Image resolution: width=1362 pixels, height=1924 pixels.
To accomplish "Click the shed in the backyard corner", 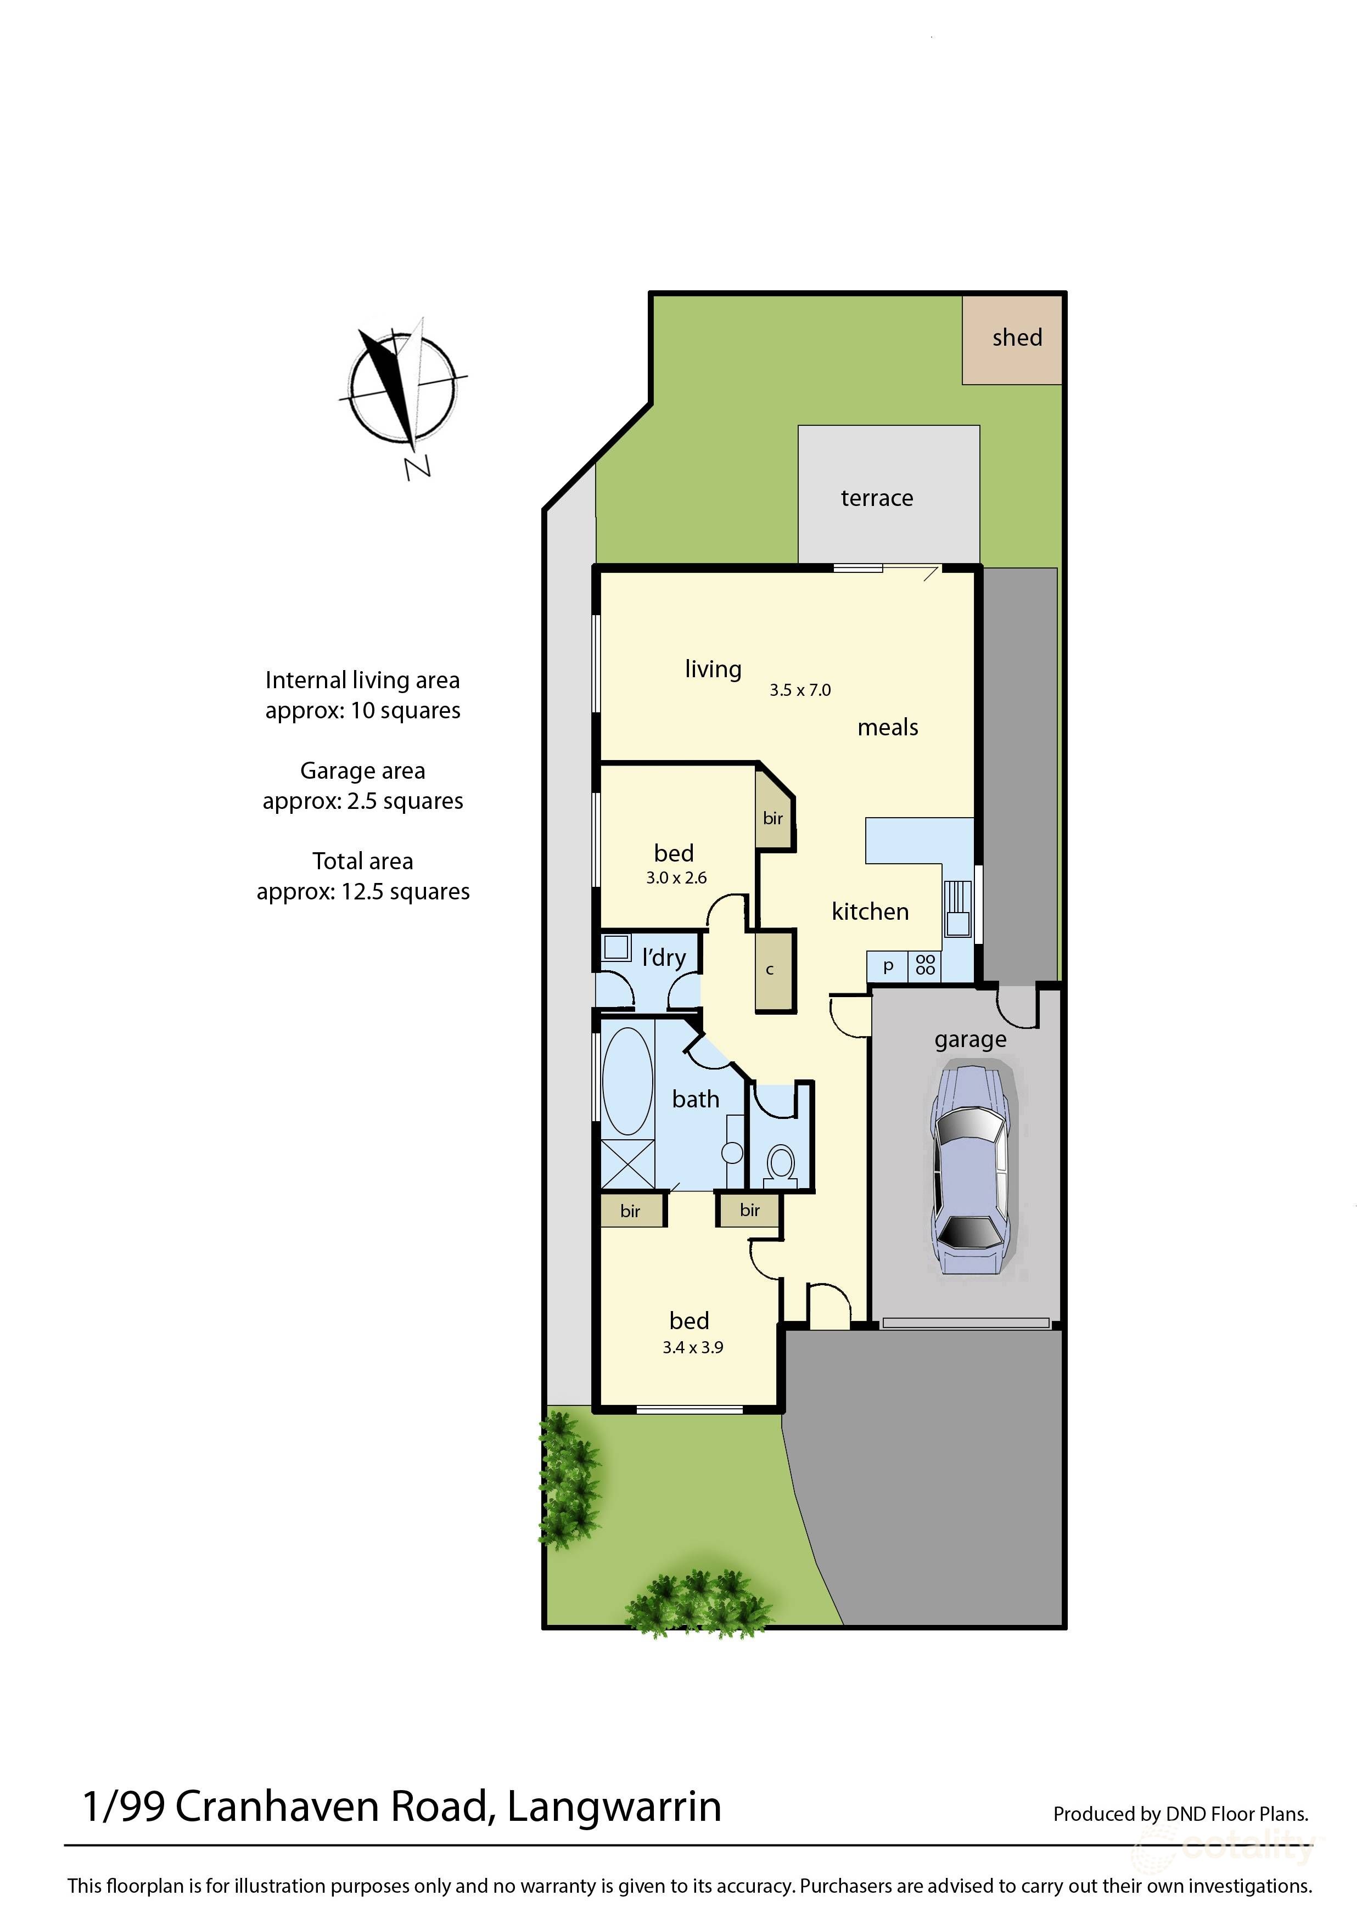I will pyautogui.click(x=1012, y=340).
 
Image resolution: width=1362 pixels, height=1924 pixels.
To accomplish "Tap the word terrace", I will pyautogui.click(x=876, y=498).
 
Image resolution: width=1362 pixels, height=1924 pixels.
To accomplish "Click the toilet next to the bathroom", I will pyautogui.click(x=782, y=1163).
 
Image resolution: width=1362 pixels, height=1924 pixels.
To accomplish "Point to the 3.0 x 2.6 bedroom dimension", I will pyautogui.click(x=676, y=877).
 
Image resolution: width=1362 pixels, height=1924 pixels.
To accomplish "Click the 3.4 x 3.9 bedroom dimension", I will pyautogui.click(x=693, y=1347).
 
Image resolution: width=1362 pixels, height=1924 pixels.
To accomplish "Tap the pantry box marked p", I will pyautogui.click(x=888, y=966).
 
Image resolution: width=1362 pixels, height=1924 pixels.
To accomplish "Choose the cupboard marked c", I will pyautogui.click(x=770, y=971).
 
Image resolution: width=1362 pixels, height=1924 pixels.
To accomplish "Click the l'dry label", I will pyautogui.click(x=663, y=958).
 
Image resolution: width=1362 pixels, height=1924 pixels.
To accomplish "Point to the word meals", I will pyautogui.click(x=887, y=728).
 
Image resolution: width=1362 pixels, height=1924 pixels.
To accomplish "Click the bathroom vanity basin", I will pyautogui.click(x=732, y=1153).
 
